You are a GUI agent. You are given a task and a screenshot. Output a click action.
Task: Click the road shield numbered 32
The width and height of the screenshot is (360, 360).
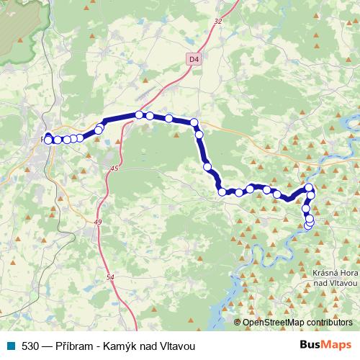[x=218, y=22]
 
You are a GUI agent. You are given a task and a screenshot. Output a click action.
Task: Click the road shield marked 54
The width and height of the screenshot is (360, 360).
[x=109, y=276]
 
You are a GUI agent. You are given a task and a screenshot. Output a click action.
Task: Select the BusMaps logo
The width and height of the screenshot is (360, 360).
[x=321, y=345]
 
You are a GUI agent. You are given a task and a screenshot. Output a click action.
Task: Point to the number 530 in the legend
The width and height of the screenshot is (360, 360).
[x=30, y=346]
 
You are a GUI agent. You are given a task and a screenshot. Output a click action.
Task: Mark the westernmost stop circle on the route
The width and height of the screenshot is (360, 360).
[x=48, y=140]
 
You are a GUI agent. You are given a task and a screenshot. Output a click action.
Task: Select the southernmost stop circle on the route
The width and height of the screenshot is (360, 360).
[x=309, y=225]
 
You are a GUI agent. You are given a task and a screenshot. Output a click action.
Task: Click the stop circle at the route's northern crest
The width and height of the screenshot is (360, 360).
[x=139, y=114]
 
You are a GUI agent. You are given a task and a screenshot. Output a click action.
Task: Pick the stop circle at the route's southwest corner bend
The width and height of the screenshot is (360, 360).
[x=222, y=192]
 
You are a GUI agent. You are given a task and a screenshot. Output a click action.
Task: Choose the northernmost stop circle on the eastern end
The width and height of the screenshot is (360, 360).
[x=310, y=189]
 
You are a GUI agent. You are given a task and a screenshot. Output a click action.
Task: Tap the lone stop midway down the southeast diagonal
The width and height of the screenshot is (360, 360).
[x=207, y=167]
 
